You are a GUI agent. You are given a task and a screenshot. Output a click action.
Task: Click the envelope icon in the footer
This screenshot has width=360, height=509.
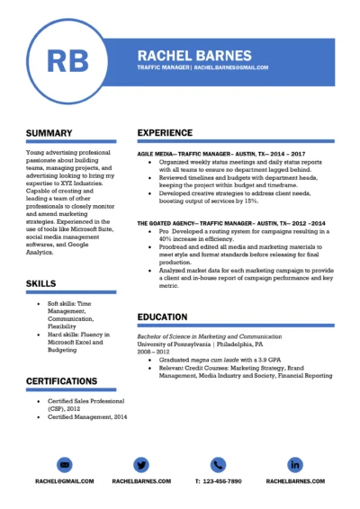coord(65,464)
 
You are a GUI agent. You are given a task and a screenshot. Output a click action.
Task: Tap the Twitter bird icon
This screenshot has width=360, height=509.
coord(141,464)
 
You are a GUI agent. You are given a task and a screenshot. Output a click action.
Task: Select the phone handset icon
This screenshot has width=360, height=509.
coord(218,464)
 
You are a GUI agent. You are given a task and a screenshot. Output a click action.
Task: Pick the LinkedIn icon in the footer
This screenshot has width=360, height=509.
coord(295,464)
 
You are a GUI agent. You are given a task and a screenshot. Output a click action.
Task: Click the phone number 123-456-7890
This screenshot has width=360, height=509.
coord(218,482)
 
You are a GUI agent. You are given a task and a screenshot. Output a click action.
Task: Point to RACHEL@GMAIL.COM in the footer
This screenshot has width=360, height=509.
coord(65,482)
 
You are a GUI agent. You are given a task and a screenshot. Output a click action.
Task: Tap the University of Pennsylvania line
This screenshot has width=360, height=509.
coord(200,344)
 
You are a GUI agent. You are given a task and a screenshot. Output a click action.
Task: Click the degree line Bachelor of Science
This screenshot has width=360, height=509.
coord(215,335)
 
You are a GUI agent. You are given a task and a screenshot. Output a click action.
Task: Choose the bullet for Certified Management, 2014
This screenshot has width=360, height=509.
coord(37,417)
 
